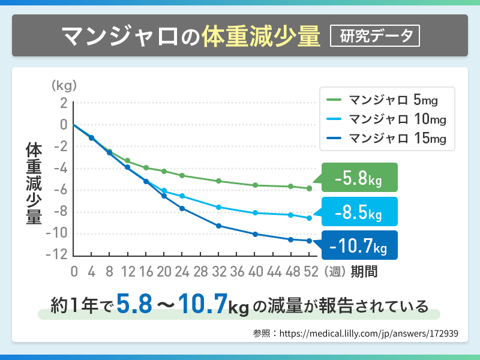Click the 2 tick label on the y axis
(62, 103)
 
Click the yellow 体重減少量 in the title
(260, 36)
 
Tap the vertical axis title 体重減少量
(34, 184)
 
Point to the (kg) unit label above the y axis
(65, 85)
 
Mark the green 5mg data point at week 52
(310, 188)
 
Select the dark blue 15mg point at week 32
(219, 226)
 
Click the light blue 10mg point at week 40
(256, 213)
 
